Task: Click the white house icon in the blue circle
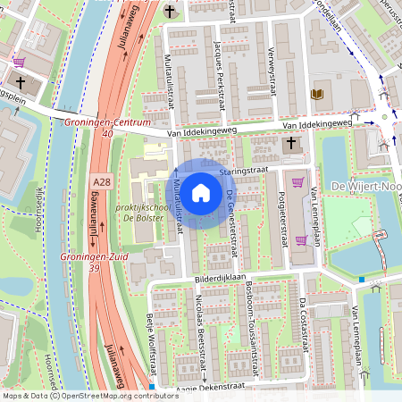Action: point(201,192)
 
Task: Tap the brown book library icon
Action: point(317,93)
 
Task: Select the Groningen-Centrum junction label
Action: point(108,121)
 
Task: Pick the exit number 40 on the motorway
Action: point(108,133)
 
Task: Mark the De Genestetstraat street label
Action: point(230,223)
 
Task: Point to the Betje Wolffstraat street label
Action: point(151,344)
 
